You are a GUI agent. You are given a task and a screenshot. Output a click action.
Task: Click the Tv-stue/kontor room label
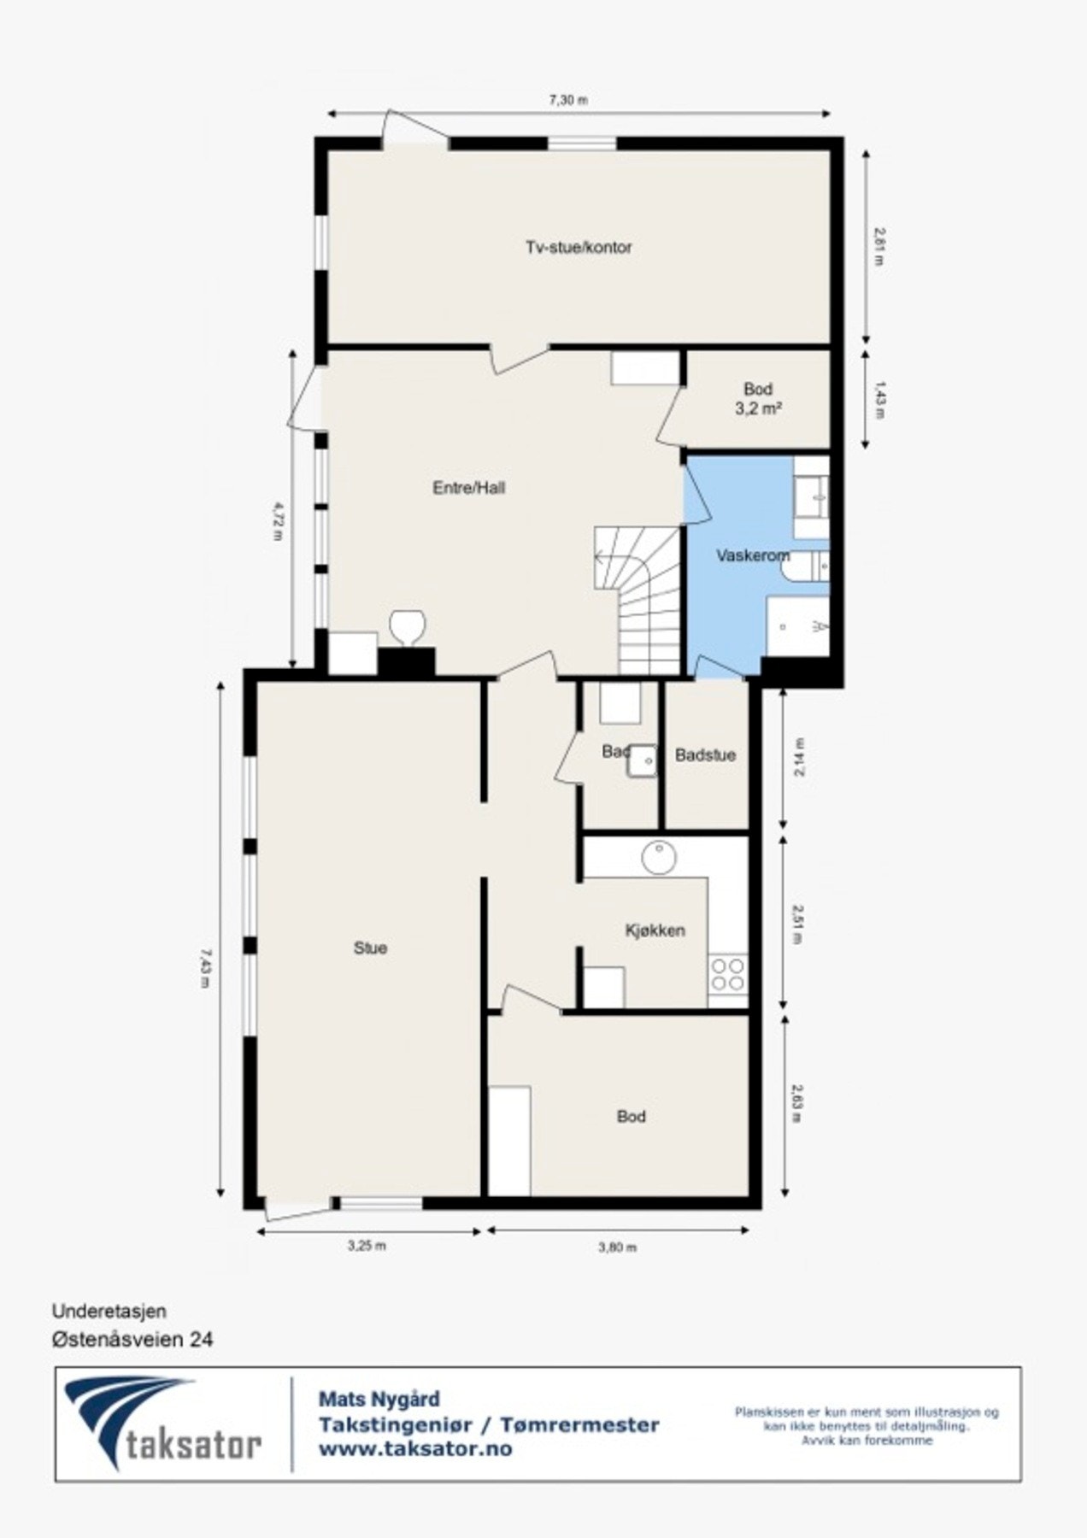click(x=579, y=248)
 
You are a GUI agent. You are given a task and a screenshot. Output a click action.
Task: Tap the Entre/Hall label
click(x=469, y=488)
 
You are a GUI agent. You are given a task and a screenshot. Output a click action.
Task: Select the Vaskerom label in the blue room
click(x=752, y=556)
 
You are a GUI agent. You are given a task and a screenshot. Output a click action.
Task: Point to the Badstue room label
click(x=705, y=755)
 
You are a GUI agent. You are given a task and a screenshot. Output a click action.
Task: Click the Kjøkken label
click(x=655, y=930)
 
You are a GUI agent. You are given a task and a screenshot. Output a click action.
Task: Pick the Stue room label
click(x=370, y=948)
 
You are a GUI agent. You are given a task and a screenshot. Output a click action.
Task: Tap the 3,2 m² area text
click(x=759, y=408)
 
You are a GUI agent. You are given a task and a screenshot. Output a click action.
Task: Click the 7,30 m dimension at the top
click(x=568, y=100)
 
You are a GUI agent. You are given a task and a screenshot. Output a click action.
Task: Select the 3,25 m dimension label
click(x=367, y=1245)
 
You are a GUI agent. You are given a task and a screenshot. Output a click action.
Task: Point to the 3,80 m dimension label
click(x=617, y=1247)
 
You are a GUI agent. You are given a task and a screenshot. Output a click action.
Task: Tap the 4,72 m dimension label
click(x=276, y=522)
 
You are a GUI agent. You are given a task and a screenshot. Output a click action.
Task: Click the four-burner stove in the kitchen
click(x=728, y=974)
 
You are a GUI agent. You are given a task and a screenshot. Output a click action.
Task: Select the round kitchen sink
click(x=659, y=857)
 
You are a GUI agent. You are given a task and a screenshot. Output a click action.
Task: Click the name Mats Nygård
click(x=379, y=1400)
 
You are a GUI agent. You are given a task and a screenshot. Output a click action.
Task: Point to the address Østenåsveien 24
click(x=132, y=1339)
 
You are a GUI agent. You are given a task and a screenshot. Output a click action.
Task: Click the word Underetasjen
click(x=109, y=1310)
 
